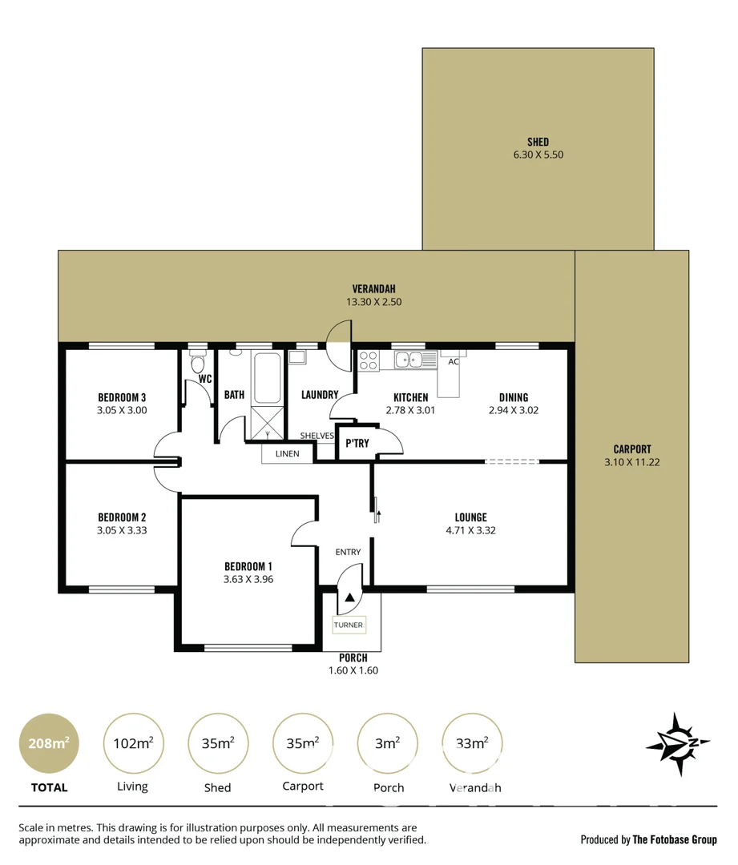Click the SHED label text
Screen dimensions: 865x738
[538, 142]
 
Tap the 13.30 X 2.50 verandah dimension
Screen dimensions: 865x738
[374, 303]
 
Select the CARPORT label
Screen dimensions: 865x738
[632, 449]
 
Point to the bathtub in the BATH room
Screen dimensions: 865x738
[267, 378]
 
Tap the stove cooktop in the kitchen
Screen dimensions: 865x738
[369, 360]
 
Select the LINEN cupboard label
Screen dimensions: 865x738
[287, 454]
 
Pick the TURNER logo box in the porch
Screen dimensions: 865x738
[349, 625]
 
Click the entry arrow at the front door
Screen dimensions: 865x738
[349, 597]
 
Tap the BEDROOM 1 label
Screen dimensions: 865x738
[248, 566]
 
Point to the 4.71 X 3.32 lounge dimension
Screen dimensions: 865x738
[470, 529]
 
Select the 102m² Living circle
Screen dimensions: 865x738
[132, 743]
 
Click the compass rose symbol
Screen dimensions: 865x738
[678, 744]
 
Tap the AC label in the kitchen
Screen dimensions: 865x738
[454, 362]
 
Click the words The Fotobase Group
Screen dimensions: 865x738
[675, 839]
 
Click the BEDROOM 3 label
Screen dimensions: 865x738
[122, 397]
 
